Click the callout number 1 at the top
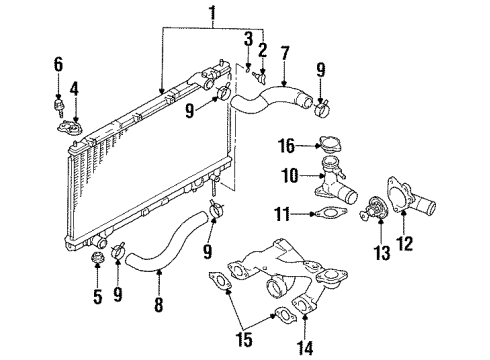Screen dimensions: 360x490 (x=210, y=14)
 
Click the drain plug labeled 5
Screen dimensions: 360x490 (x=98, y=261)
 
